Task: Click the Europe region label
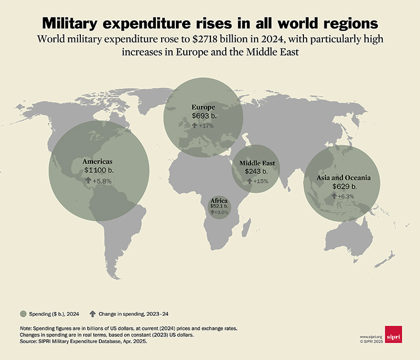tap(203, 107)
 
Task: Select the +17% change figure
tap(206, 126)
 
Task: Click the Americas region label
tap(98, 162)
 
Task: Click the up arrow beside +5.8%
tap(88, 181)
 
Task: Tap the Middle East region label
tap(257, 163)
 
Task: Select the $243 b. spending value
tap(256, 172)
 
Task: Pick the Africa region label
tap(219, 201)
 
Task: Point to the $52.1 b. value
tap(219, 207)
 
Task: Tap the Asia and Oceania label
tap(344, 178)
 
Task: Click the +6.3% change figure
tap(347, 196)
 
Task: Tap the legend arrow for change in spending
tap(93, 314)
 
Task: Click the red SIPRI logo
tap(393, 333)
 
